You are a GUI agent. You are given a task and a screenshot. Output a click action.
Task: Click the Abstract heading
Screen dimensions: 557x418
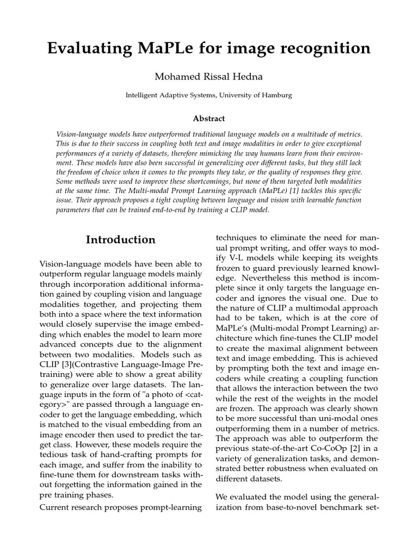pos(209,118)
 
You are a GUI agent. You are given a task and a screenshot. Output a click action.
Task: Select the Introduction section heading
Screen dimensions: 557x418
pos(121,240)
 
